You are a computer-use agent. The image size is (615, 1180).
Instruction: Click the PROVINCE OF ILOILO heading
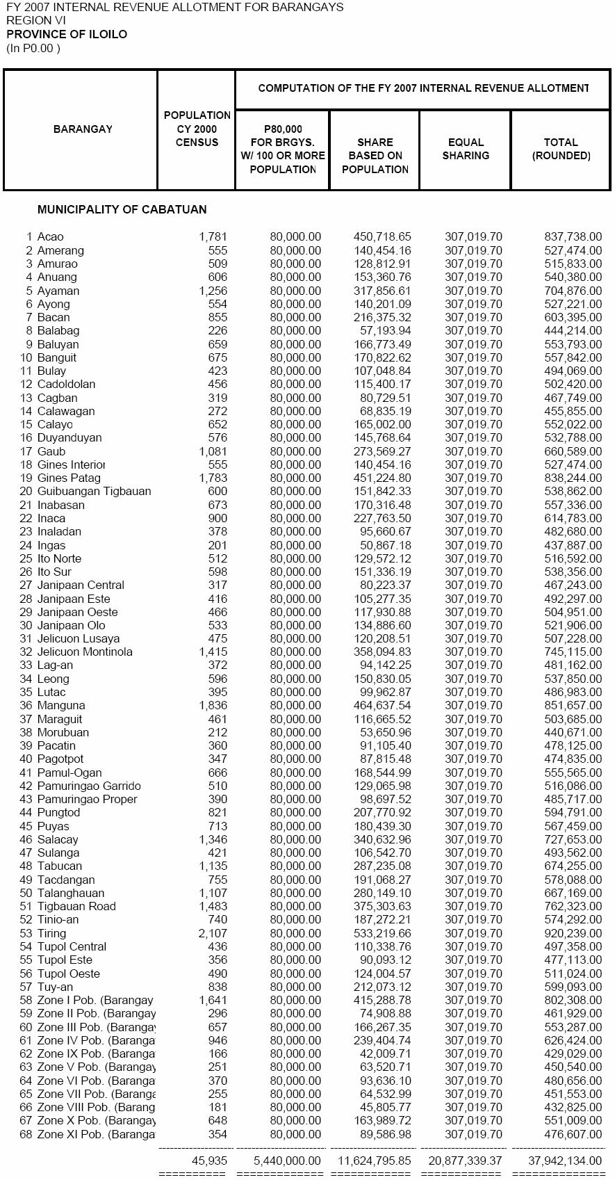[x=67, y=34]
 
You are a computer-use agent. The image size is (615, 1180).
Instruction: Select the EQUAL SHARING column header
[x=466, y=149]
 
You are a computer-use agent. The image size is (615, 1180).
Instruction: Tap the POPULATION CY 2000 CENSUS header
[x=197, y=129]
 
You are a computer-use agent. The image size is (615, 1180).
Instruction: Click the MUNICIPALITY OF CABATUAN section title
[x=122, y=209]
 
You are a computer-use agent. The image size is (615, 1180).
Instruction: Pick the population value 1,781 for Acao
[x=213, y=237]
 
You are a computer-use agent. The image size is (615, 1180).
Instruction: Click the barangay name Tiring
[x=52, y=933]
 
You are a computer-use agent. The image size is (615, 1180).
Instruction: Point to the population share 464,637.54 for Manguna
[x=382, y=706]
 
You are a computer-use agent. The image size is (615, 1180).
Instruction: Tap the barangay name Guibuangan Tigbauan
[x=94, y=491]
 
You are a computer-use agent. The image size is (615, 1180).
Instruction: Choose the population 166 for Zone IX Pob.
[x=218, y=1053]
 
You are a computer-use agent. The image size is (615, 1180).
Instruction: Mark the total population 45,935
[x=209, y=1161]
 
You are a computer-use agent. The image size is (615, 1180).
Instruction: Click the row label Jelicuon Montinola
[x=85, y=652]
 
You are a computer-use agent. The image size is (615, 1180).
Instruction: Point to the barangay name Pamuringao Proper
[x=88, y=799]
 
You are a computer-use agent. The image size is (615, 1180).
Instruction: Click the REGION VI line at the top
[x=29, y=20]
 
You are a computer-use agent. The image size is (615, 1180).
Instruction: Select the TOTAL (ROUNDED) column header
[x=561, y=149]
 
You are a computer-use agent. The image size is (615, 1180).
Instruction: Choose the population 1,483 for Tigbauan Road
[x=213, y=906]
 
